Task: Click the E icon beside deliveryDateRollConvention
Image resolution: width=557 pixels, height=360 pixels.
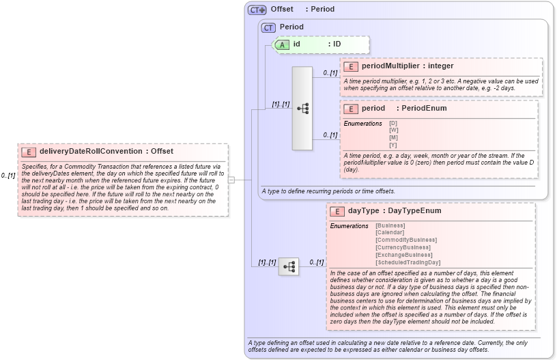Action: (29, 152)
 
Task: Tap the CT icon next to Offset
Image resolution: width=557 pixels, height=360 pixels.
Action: (257, 10)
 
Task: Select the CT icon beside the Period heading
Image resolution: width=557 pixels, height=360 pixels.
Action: (269, 27)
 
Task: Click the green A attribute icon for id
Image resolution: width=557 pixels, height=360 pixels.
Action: (283, 44)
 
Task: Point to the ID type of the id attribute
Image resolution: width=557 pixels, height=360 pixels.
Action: (337, 44)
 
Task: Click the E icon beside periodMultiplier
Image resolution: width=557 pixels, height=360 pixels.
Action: (351, 66)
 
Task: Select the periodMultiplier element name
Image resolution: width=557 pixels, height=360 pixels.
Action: (390, 66)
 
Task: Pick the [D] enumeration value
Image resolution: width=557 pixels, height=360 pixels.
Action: (393, 123)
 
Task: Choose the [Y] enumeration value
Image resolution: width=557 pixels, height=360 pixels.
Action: (393, 145)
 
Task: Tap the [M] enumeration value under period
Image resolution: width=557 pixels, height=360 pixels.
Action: (393, 137)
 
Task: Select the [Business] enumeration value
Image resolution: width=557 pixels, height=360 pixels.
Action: (390, 225)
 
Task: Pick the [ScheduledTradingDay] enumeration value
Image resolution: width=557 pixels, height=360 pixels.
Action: (408, 262)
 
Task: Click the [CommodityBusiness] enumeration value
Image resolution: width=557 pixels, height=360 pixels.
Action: (406, 240)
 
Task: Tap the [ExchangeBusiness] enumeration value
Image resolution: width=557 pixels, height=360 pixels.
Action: (403, 255)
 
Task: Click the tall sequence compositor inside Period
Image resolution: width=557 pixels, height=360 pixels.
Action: (302, 108)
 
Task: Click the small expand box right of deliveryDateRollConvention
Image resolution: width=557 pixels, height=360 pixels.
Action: (231, 180)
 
